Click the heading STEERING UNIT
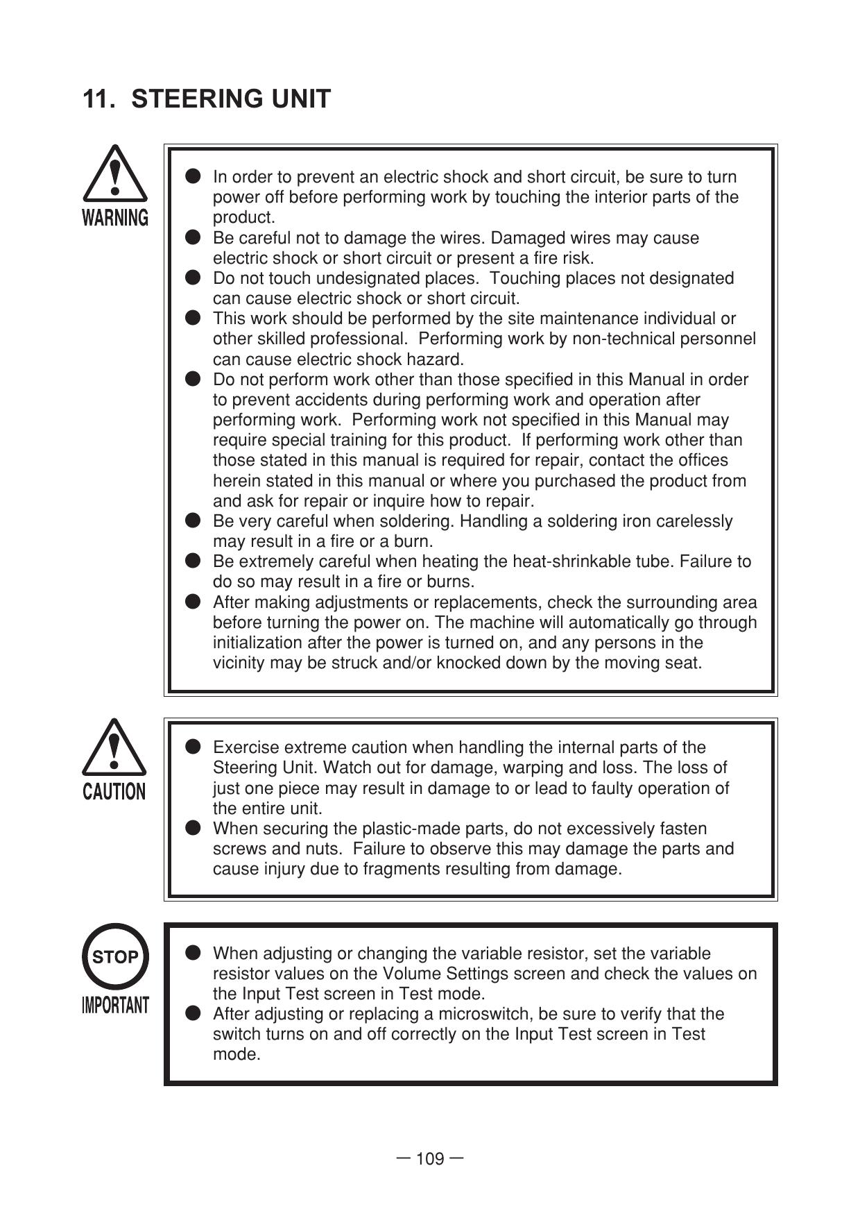click(231, 99)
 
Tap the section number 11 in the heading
click(97, 99)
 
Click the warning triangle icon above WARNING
click(115, 174)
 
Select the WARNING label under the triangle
click(115, 218)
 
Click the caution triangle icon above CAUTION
click(114, 747)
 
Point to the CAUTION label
click(114, 792)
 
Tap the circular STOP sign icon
click(115, 957)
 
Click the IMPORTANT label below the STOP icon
click(115, 1005)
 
